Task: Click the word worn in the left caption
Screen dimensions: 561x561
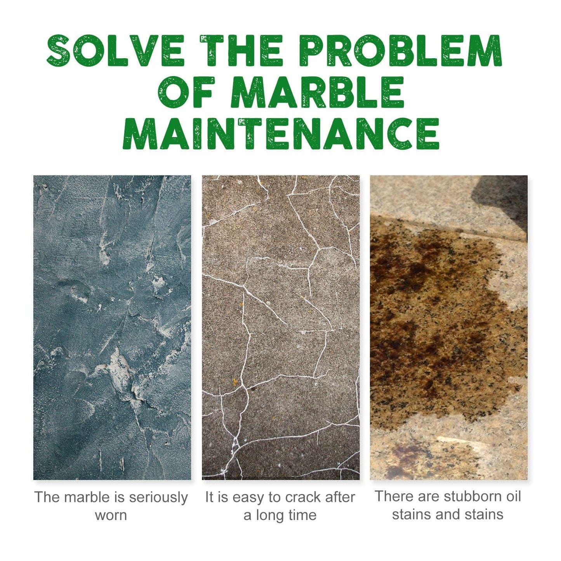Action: point(111,515)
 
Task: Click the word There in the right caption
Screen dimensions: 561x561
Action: point(393,497)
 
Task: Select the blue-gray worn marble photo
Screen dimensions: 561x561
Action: point(112,327)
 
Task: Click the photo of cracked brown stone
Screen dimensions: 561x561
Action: point(281,327)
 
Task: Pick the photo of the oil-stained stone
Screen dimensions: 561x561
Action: point(448,327)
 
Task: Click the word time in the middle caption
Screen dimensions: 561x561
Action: point(302,515)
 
